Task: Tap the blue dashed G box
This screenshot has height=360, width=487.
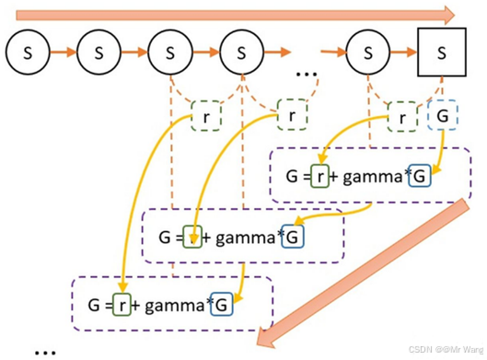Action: [x=442, y=116]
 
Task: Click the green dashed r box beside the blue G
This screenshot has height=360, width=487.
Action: [x=402, y=117]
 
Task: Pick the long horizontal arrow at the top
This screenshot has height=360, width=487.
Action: [x=235, y=15]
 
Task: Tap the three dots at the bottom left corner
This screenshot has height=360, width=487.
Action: [x=45, y=353]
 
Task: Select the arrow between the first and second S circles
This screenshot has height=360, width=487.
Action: [x=64, y=52]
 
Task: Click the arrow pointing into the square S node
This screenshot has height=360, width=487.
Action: [x=404, y=52]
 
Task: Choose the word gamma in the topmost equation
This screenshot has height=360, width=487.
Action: [x=373, y=177]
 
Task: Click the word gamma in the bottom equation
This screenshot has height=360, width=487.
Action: [x=175, y=306]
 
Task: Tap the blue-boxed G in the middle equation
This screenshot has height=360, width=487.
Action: [x=292, y=238]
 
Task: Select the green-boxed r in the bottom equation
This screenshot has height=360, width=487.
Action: [x=122, y=305]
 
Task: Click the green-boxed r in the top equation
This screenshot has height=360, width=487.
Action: [x=319, y=176]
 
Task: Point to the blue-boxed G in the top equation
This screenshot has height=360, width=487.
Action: [x=420, y=176]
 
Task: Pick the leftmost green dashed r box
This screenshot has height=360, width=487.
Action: [x=206, y=116]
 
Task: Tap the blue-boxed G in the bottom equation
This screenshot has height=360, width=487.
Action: [x=222, y=305]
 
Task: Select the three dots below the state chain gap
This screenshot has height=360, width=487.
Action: [x=307, y=75]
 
